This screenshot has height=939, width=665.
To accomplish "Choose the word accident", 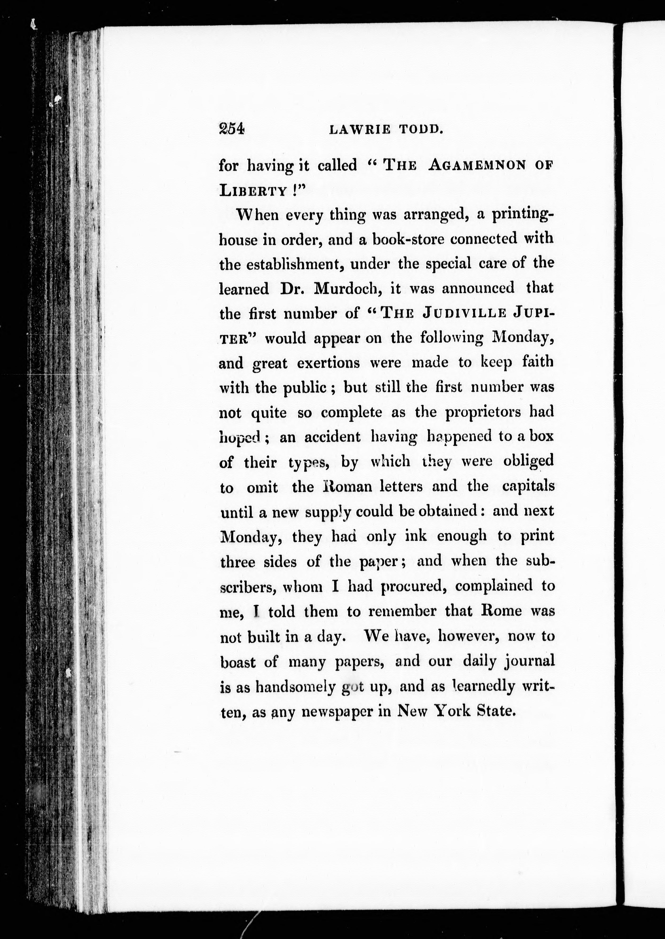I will (x=332, y=437).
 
